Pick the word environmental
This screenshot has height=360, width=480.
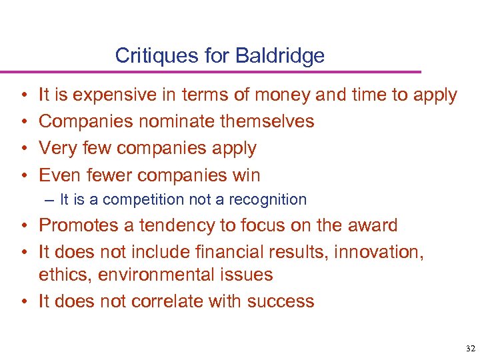[x=154, y=275]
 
